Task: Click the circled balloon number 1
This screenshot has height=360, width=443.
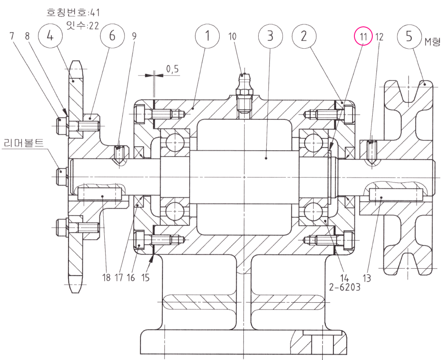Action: pyautogui.click(x=207, y=37)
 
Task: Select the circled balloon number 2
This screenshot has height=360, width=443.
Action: pyautogui.click(x=303, y=37)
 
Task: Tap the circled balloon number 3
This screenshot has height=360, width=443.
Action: pyautogui.click(x=269, y=37)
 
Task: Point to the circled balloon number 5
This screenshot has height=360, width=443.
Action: pyautogui.click(x=409, y=37)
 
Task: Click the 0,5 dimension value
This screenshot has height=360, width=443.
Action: pyautogui.click(x=172, y=69)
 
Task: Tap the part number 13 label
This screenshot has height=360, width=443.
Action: pyautogui.click(x=367, y=278)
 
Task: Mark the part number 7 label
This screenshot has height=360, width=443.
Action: pyautogui.click(x=12, y=37)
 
